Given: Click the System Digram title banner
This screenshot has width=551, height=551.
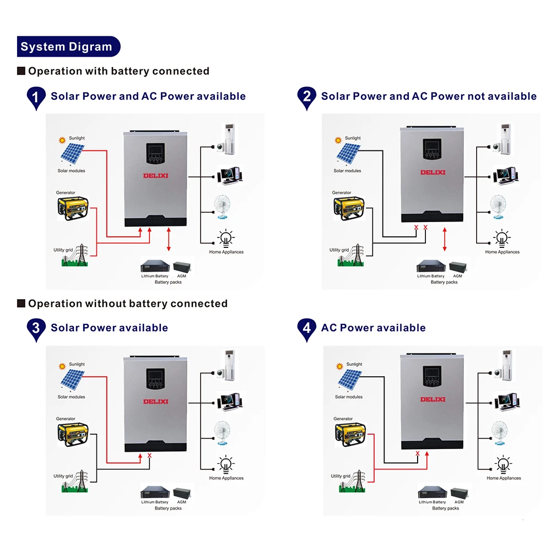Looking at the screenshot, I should coord(67,47).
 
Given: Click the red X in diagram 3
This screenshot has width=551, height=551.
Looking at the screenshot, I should coord(149,456).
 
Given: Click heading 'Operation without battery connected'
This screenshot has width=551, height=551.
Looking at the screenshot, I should coord(127,304).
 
